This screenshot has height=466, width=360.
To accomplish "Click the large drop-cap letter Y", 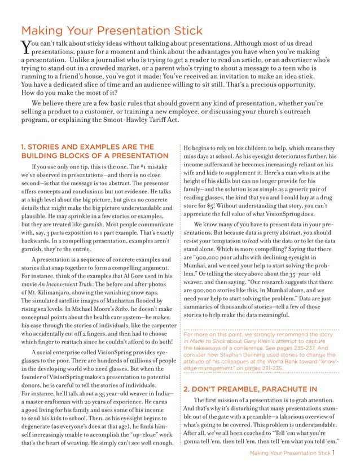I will tap(25, 47).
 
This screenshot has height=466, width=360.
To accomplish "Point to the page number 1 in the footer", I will tap(335, 452).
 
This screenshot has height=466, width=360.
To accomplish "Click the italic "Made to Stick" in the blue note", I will tap(212, 341).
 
